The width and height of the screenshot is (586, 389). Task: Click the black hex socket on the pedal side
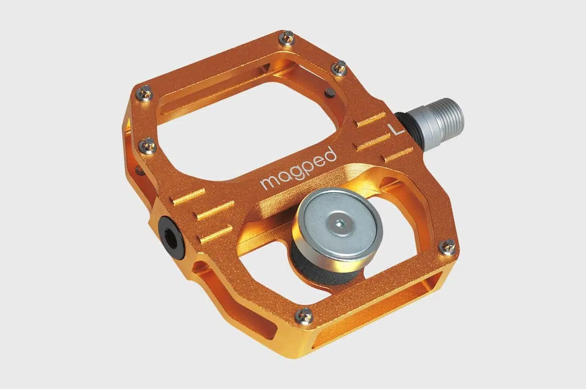171,238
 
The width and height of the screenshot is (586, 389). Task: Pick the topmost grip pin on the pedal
287,38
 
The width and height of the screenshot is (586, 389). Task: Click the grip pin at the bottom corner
304,316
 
